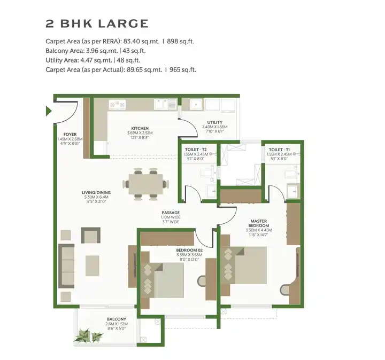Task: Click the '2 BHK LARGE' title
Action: tap(97, 24)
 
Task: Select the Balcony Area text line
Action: tap(96, 51)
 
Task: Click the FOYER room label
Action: tap(70, 134)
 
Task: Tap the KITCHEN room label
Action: tap(140, 128)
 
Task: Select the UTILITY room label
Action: tap(215, 122)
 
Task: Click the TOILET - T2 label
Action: tap(193, 150)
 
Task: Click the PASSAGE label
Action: tap(171, 213)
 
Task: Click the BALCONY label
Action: tap(116, 319)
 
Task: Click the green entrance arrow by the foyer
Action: tap(49, 111)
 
